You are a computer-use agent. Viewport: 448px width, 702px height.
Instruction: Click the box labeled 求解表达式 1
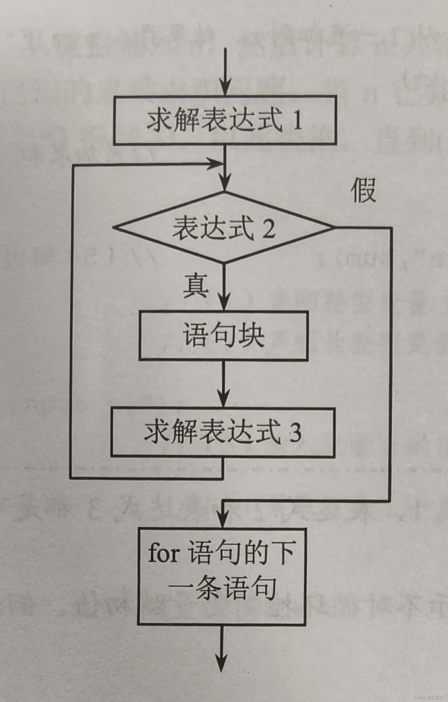[x=225, y=120]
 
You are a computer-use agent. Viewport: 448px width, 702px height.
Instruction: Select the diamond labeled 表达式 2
[x=224, y=227]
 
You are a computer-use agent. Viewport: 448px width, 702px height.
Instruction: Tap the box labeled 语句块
[x=224, y=336]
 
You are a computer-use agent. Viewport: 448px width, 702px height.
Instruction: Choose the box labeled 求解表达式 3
[x=223, y=433]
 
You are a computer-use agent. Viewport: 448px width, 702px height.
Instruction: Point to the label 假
[x=363, y=190]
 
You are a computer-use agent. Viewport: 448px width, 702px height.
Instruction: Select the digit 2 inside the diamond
[x=269, y=228]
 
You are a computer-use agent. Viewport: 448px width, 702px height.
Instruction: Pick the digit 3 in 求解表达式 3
[x=295, y=433]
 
